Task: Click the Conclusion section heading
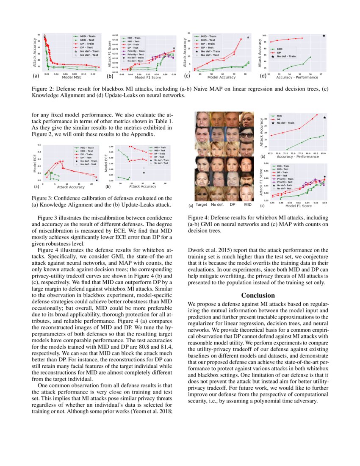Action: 258,295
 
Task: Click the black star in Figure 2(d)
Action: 324,36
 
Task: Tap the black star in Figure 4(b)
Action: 324,118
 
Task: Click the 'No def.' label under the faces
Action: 217,205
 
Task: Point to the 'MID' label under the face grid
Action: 248,205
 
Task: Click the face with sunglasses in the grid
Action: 247,135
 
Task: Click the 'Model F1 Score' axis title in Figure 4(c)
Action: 299,206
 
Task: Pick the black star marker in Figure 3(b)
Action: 144,172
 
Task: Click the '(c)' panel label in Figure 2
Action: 187,77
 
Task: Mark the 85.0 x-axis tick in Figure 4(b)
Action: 324,153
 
